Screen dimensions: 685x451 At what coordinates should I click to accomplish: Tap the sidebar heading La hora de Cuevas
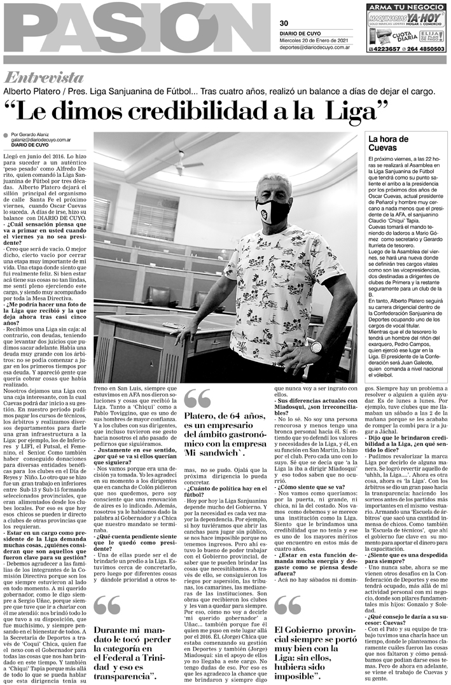388,142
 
